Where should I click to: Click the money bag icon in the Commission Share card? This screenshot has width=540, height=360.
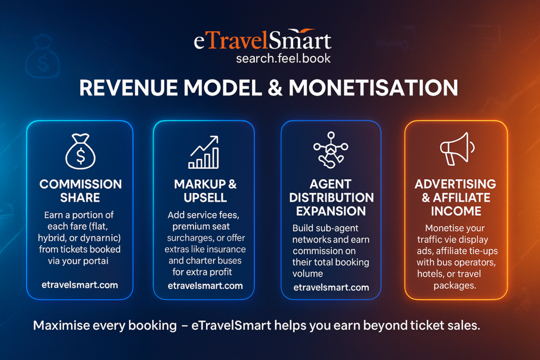click(x=80, y=151)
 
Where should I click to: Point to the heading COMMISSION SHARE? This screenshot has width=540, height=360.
click(x=81, y=191)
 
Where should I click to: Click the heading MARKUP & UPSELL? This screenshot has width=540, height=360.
click(x=205, y=191)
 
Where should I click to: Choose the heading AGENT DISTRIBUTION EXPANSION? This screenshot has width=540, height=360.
click(x=331, y=198)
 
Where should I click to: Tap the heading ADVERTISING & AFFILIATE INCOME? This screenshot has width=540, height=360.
click(x=455, y=198)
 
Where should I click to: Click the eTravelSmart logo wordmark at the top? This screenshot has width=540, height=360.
click(x=263, y=41)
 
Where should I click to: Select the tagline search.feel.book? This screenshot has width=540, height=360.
click(x=284, y=57)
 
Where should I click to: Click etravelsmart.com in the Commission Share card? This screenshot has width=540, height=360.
click(x=80, y=285)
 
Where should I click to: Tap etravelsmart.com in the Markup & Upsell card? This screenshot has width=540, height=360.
click(x=205, y=286)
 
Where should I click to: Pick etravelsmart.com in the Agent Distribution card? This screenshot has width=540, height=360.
click(x=331, y=287)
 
